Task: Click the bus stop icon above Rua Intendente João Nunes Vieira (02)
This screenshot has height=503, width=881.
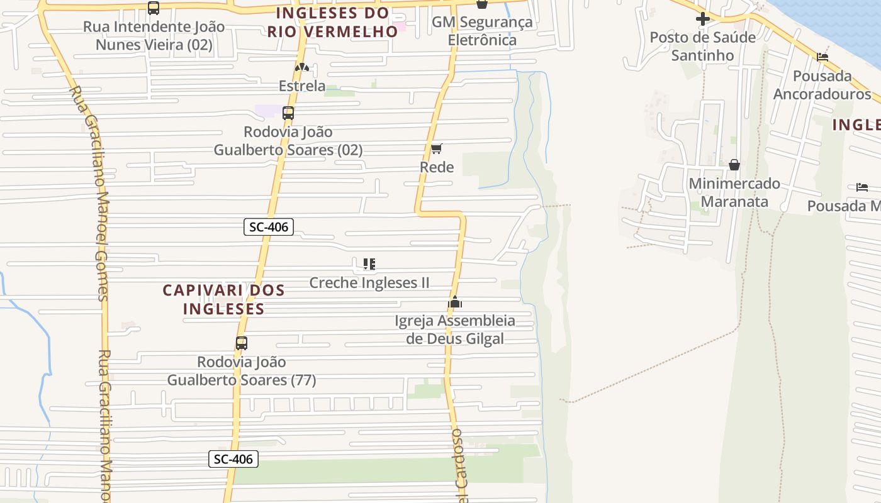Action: tap(154, 8)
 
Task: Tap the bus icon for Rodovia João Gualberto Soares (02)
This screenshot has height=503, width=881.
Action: tap(288, 113)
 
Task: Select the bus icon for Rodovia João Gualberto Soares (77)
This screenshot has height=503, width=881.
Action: tap(242, 343)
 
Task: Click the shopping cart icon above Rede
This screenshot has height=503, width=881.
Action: tap(437, 149)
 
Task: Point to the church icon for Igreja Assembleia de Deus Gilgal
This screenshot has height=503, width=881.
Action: tap(455, 302)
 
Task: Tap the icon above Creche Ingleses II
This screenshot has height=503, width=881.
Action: tap(369, 264)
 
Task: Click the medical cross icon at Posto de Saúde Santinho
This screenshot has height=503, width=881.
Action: tap(703, 19)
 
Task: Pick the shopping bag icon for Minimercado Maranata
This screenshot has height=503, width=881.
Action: tap(734, 165)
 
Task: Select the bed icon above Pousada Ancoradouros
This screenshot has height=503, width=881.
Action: tap(822, 57)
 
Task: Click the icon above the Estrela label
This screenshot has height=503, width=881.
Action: tap(302, 67)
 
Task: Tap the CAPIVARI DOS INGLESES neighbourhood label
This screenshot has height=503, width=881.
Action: tap(223, 299)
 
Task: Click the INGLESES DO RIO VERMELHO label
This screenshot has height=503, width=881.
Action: tap(333, 22)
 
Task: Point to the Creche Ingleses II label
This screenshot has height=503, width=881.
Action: tap(369, 283)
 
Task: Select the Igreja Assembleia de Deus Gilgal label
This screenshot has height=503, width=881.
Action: tap(455, 329)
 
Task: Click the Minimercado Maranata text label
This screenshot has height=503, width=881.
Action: tap(734, 192)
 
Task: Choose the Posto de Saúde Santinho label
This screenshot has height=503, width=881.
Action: tap(703, 46)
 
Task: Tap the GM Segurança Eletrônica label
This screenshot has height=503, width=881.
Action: tap(482, 31)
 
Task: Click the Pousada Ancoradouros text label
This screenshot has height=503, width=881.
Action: tap(822, 85)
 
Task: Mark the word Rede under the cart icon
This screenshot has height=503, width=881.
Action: tap(437, 167)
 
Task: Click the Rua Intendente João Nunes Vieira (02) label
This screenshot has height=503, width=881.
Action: tap(154, 36)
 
